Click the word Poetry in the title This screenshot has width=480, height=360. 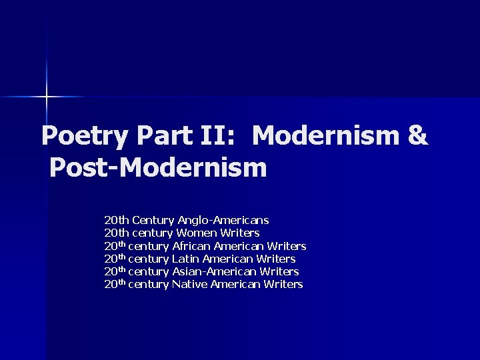tap(84, 136)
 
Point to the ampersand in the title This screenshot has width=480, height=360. tap(417, 136)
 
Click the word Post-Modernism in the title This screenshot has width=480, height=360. tap(158, 167)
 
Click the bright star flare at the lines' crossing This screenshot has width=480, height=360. tap(47, 97)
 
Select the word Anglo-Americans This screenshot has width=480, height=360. tap(223, 220)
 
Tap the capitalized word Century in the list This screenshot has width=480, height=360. tap(153, 220)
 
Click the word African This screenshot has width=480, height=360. tap(192, 246)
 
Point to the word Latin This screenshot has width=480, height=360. tap(185, 259)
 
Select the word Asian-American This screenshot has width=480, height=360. tap(215, 271)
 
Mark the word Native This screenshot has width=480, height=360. tap(189, 285)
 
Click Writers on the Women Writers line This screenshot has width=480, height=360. tap(241, 233)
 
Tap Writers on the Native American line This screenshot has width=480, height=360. tap(283, 285)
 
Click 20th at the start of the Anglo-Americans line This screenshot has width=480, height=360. tap(117, 220)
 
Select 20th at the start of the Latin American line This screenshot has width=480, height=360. tap(115, 259)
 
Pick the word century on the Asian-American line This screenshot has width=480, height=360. tap(149, 271)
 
